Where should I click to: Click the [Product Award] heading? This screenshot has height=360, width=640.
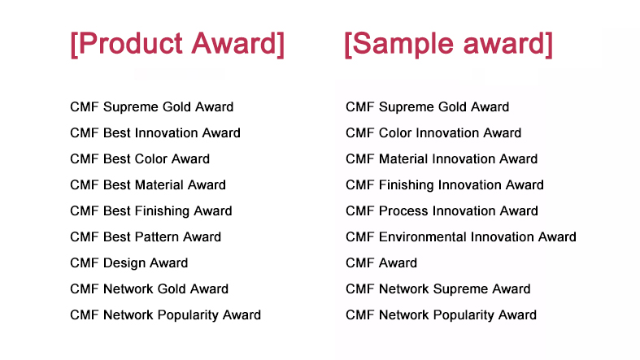click(x=177, y=44)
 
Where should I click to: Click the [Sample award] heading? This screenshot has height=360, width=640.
click(x=449, y=44)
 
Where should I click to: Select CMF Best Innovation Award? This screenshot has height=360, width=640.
click(x=155, y=133)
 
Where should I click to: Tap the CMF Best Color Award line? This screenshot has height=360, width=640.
click(x=140, y=159)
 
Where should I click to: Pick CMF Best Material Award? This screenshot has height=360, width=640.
click(x=148, y=185)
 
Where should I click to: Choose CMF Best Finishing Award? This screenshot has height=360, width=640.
click(x=151, y=211)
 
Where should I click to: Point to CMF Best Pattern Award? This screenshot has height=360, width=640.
click(x=146, y=236)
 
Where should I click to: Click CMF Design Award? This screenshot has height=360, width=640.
click(x=129, y=263)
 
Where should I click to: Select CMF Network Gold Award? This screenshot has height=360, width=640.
click(x=150, y=289)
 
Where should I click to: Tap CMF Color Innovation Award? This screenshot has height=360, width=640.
click(x=433, y=133)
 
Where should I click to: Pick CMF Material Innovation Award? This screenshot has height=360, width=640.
click(x=442, y=159)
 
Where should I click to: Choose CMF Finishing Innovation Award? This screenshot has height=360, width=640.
click(x=445, y=185)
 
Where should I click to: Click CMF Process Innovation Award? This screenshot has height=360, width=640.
click(x=442, y=211)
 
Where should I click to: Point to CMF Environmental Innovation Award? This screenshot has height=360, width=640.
click(x=461, y=236)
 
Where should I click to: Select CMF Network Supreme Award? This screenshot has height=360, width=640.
click(x=438, y=289)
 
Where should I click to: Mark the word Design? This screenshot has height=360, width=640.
click(x=121, y=263)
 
